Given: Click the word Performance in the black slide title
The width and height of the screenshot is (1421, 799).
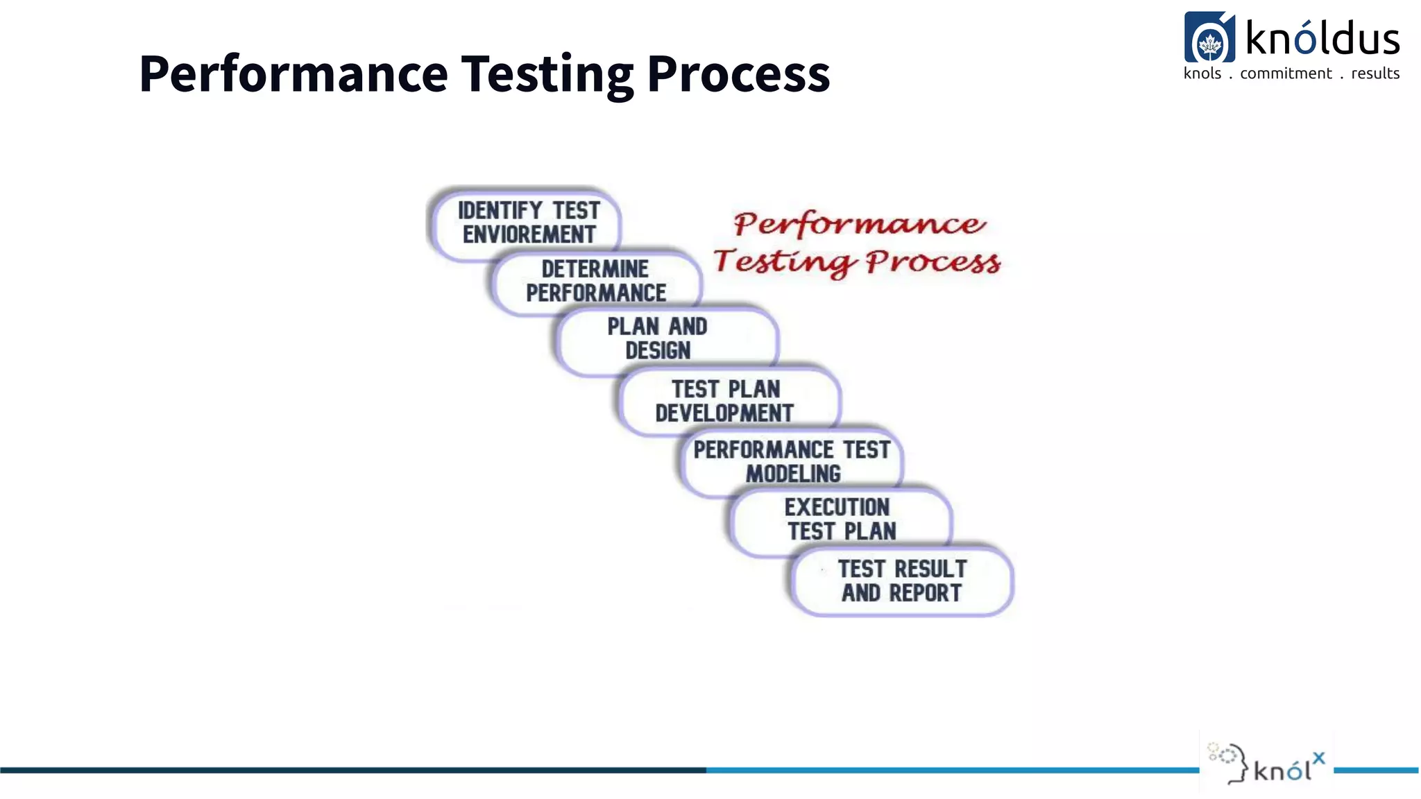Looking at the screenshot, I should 293,74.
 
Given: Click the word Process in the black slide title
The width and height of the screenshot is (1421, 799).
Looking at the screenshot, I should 738,74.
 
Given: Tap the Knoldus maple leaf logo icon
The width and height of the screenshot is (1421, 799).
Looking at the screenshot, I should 1209,38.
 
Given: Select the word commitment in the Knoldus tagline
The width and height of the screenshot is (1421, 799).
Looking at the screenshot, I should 1286,74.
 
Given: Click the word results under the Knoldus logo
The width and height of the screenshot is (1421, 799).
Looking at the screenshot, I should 1375,74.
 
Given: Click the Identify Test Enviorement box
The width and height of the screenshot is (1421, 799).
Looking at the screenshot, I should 527,223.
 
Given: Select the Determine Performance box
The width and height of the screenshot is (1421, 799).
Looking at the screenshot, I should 595,281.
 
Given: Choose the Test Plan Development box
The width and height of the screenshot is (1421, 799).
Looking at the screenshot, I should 725,401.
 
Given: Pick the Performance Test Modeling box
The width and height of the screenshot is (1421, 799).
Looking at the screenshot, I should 791,461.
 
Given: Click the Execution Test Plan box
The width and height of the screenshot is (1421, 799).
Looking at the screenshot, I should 840,519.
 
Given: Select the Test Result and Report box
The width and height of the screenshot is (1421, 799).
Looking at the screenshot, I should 901,581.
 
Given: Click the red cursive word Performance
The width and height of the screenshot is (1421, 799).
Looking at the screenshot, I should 859,224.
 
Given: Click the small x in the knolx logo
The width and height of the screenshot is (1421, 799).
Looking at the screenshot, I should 1318,758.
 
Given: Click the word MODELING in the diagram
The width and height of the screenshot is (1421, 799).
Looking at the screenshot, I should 793,474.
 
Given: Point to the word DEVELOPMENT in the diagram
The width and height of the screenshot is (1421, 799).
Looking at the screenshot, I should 724,413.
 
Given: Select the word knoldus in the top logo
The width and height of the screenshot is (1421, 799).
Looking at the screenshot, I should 1322,39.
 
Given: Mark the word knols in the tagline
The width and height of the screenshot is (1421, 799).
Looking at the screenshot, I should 1202,74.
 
